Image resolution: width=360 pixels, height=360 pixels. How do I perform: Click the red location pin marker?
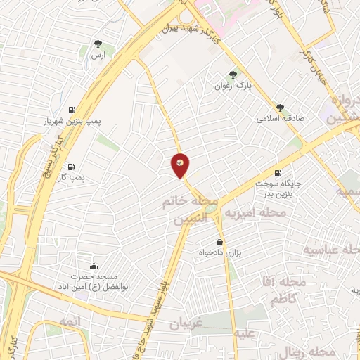click(180, 165)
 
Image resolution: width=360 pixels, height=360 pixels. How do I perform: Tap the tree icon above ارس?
click(98, 44)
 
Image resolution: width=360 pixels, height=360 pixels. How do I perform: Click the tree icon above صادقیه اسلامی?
click(280, 107)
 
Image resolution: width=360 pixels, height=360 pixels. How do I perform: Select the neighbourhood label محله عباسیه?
click(332, 250)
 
